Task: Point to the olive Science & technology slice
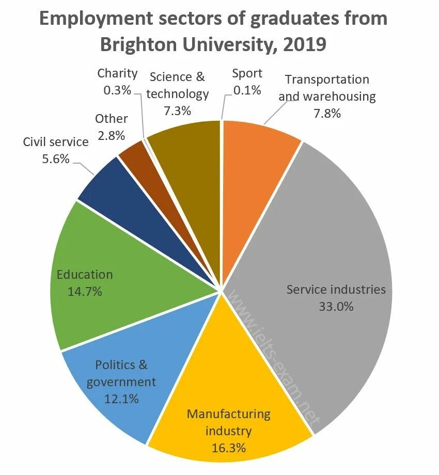191,165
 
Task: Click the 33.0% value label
336,307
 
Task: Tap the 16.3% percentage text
228,447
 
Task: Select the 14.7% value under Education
85,292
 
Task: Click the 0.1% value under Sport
247,90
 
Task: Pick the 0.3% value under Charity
117,90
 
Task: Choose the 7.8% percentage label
327,113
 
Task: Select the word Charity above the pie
117,73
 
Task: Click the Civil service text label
55,142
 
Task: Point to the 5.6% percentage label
55,159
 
